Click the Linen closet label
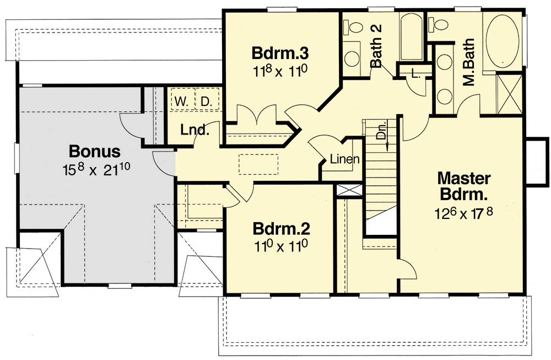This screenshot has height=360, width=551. point(345,160)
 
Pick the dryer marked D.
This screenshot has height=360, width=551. point(206,101)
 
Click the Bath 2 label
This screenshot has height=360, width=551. point(377,53)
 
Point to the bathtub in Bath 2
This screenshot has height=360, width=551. point(412,36)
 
